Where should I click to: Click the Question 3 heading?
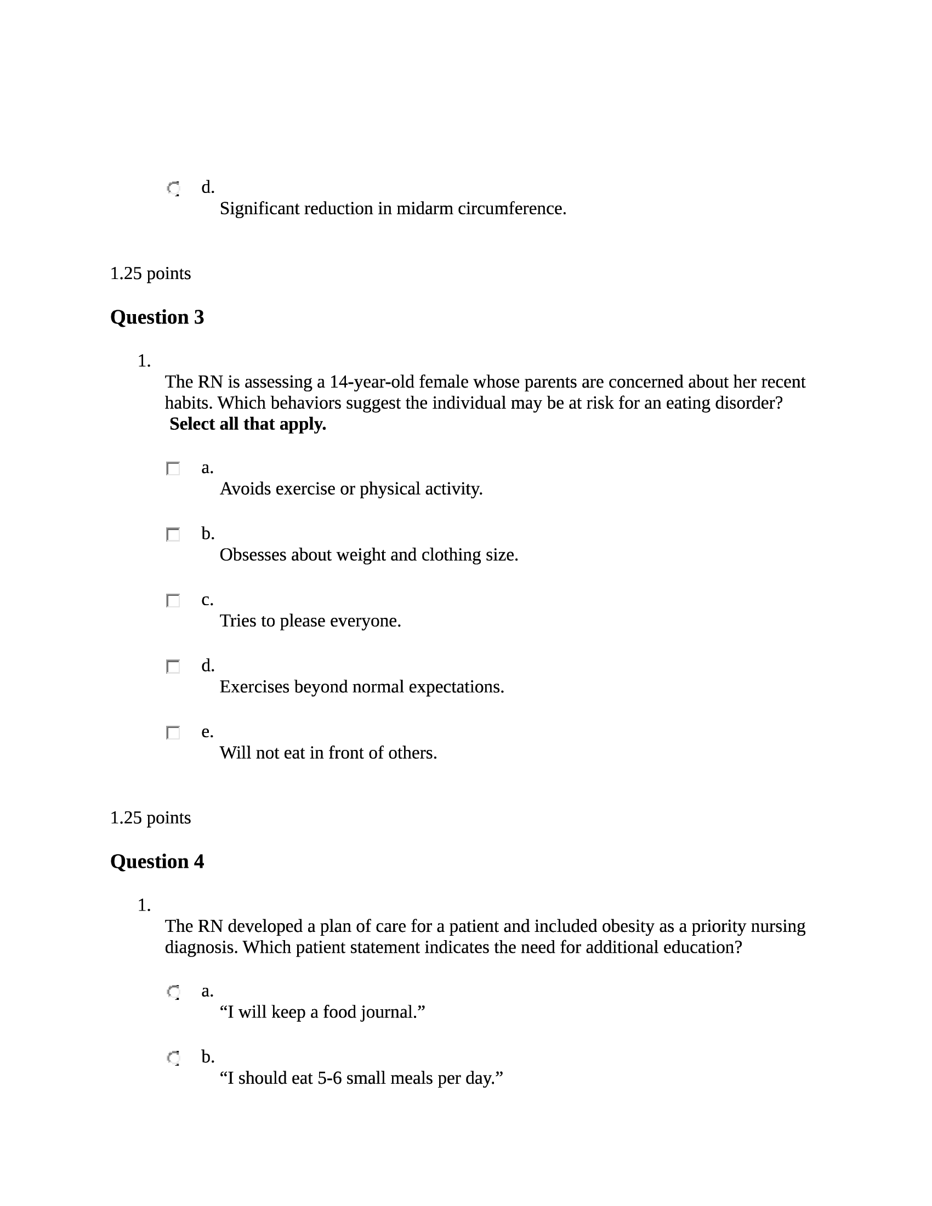point(157,317)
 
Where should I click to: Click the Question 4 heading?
point(157,861)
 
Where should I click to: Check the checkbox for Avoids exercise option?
point(173,469)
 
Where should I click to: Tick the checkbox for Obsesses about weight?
point(173,534)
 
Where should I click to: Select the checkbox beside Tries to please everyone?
point(173,601)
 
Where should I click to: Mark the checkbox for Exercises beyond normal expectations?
point(173,667)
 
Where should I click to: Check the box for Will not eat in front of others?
point(173,733)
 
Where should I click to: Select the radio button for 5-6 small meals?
point(173,1058)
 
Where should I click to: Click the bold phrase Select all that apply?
point(247,424)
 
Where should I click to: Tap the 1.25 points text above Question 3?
point(150,274)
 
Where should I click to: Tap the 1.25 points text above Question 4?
point(150,818)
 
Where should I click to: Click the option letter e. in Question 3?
point(207,732)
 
